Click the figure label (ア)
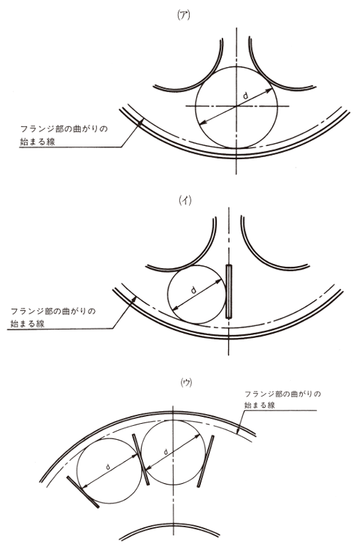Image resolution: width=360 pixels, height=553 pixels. (184, 16)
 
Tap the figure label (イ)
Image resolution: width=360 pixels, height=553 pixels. (186, 200)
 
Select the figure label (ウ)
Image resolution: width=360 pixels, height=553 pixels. (186, 383)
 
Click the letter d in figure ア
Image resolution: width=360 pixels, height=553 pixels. (246, 94)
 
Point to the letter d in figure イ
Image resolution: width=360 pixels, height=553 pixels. (193, 290)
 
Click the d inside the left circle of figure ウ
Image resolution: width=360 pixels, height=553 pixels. (108, 466)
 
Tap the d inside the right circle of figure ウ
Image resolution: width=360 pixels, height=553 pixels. (165, 452)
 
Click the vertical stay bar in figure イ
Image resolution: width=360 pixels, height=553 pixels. (229, 292)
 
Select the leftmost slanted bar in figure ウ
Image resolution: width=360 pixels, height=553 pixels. (83, 492)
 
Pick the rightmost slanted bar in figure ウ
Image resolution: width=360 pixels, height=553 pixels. (206, 461)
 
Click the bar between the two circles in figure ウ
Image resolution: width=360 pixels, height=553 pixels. (141, 459)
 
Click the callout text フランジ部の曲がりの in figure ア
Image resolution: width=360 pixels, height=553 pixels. (63, 128)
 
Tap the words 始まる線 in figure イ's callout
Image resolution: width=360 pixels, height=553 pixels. (27, 324)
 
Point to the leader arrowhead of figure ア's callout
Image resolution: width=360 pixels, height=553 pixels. (140, 121)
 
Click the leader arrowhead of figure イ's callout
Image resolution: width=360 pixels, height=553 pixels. (134, 299)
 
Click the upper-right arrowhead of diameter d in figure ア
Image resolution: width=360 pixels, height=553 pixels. (269, 90)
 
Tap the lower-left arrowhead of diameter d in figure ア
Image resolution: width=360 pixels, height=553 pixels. (203, 122)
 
